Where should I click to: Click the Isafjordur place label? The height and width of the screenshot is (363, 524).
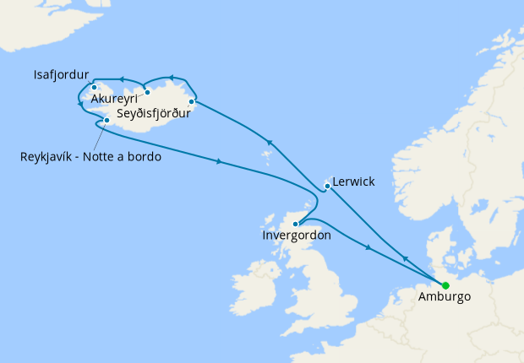61,74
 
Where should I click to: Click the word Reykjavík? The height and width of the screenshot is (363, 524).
49,156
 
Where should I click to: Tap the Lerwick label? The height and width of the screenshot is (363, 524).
354,181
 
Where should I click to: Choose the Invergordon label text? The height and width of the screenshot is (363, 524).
297,236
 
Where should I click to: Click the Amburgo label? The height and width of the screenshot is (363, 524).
445,298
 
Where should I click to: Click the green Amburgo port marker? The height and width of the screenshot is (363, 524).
445,285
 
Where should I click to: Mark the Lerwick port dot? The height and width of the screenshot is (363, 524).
327,186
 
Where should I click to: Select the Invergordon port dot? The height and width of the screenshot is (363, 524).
295,224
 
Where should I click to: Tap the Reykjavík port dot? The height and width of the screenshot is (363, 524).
106,120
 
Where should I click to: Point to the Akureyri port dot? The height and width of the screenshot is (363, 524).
147,92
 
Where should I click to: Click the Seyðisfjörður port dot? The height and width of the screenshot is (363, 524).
192,102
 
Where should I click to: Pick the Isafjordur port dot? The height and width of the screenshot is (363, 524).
95,86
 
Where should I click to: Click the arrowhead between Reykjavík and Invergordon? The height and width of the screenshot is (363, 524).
220,160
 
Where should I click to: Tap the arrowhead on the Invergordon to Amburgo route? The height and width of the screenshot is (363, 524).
368,247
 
